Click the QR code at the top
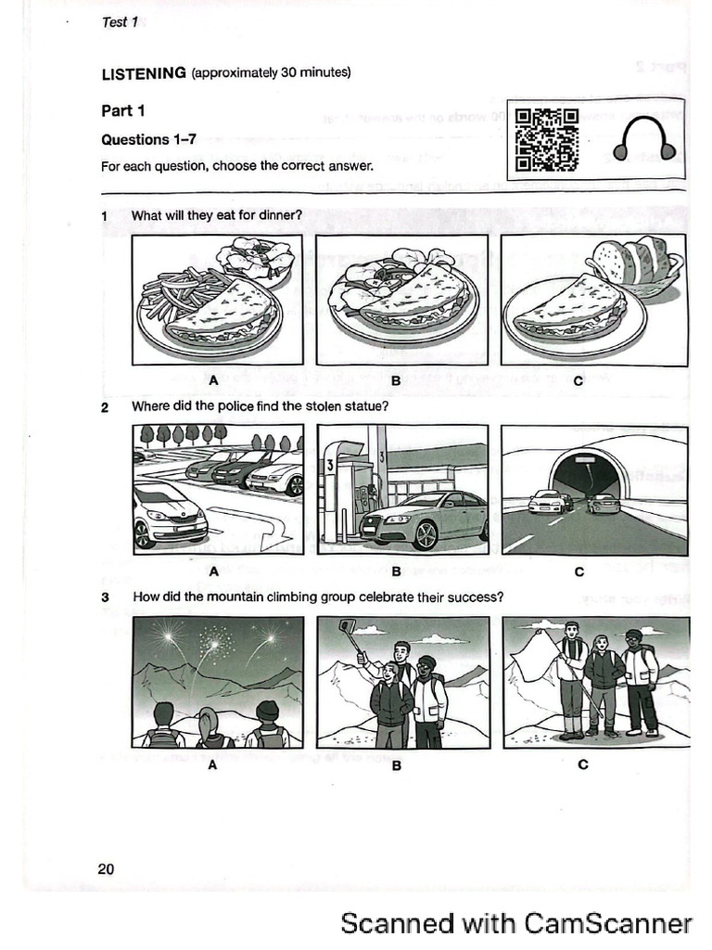[547, 140]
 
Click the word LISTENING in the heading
[144, 73]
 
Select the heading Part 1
[122, 111]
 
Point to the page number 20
[106, 868]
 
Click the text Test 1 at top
[120, 22]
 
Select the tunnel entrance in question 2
[585, 477]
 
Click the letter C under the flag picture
[582, 764]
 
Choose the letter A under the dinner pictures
[213, 379]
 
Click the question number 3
[105, 597]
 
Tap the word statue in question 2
[362, 406]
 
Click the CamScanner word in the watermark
[607, 922]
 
